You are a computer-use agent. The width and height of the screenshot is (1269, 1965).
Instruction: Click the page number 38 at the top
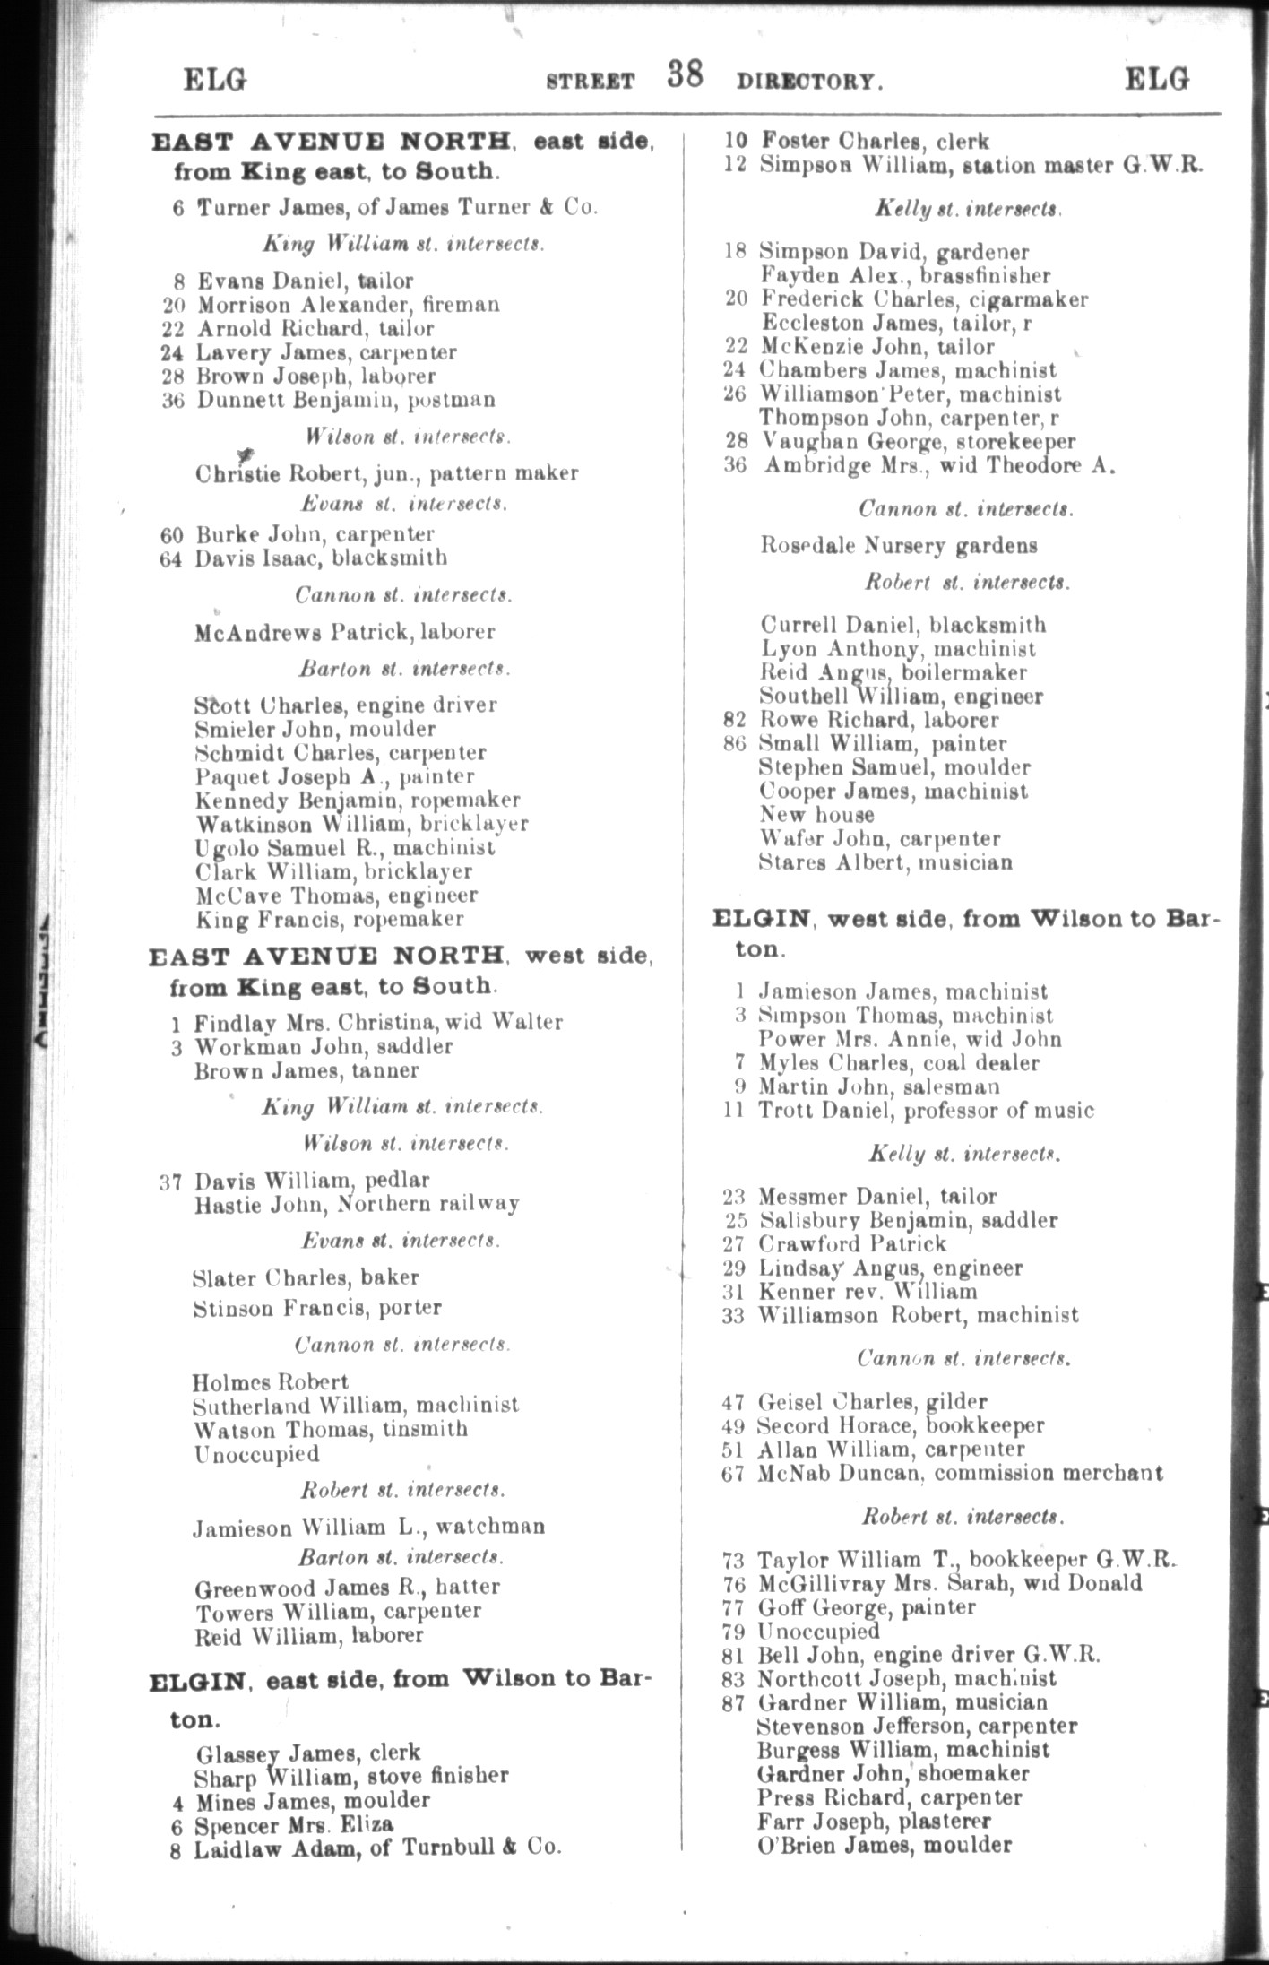pos(685,75)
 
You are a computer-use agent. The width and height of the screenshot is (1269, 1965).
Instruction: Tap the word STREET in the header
pos(591,82)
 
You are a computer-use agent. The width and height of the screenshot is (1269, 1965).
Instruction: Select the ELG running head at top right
pos(1157,80)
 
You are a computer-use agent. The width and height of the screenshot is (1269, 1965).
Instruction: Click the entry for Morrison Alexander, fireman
pos(348,305)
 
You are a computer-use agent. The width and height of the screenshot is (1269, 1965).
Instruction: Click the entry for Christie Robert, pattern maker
pos(386,473)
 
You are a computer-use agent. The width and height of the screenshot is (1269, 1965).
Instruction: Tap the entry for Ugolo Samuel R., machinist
pos(345,848)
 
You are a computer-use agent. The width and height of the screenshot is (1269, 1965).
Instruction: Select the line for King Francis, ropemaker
pos(329,919)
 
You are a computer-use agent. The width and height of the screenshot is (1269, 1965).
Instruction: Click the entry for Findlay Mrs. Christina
pos(377,1022)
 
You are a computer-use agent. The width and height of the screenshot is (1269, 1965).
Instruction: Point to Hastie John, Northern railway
pos(356,1204)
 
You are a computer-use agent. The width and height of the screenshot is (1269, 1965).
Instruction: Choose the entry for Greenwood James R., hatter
pos(347,1587)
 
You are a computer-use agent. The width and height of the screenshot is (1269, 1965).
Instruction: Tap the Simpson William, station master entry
pos(980,165)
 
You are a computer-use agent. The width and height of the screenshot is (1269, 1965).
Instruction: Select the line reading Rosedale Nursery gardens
pos(898,545)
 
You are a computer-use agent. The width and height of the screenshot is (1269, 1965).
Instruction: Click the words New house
pos(816,815)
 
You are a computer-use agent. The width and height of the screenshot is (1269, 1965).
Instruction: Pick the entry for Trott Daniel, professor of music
pos(926,1111)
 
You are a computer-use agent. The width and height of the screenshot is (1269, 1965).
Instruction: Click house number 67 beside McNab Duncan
pos(733,1473)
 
